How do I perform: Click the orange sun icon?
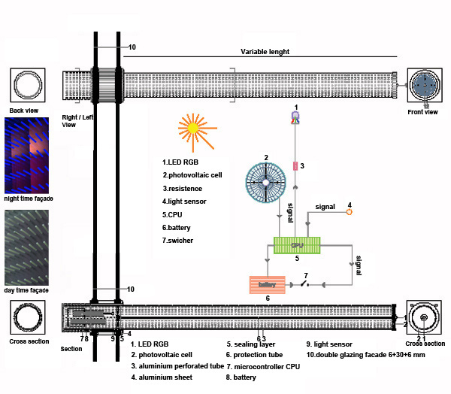192,129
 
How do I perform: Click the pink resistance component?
295,165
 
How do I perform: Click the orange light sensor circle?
349,213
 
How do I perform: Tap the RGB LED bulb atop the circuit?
295,118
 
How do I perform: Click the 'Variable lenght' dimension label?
265,52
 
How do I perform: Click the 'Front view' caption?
425,112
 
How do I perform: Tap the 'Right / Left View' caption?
77,120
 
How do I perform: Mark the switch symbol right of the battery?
305,283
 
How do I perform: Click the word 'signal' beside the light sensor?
325,205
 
